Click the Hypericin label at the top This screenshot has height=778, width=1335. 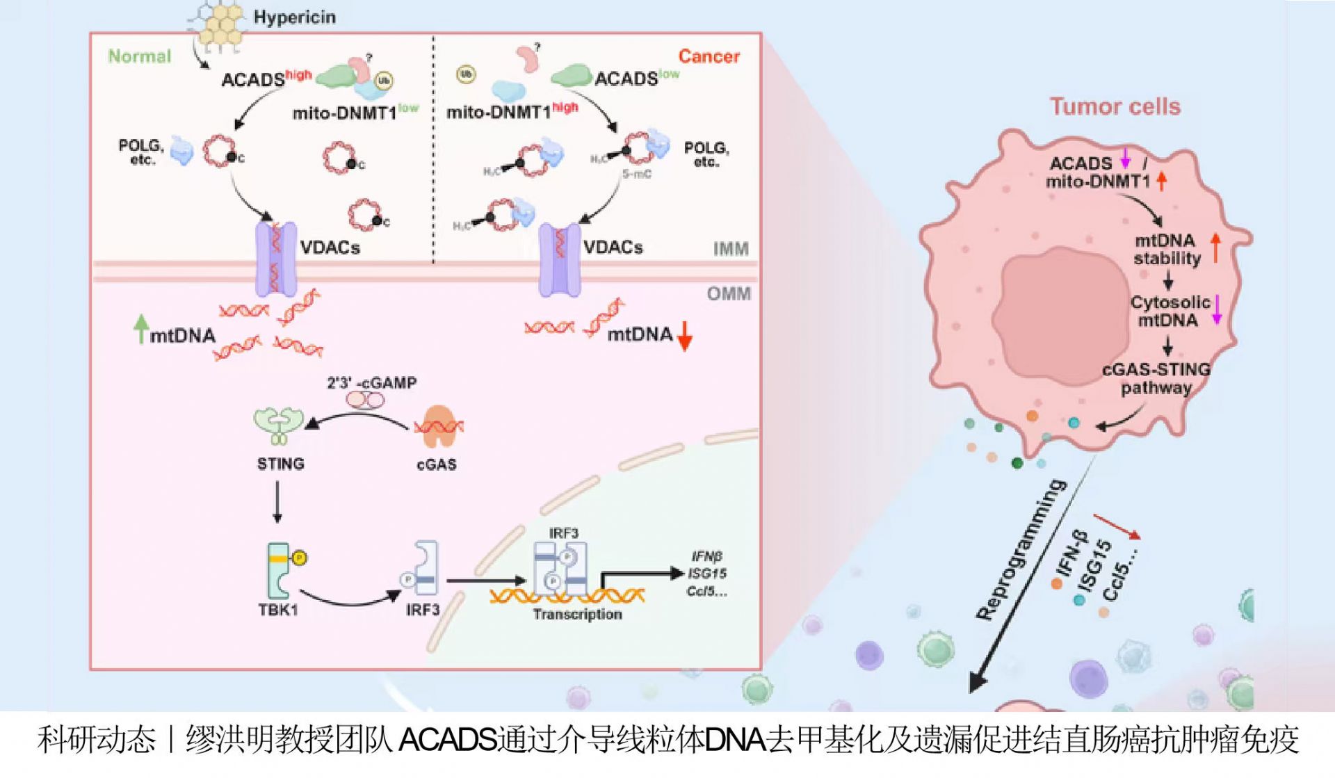[294, 17]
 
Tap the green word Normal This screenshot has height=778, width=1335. [139, 56]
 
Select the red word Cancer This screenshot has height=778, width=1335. [709, 56]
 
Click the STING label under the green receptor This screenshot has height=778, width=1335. [280, 464]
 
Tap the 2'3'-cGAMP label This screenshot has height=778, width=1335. [372, 383]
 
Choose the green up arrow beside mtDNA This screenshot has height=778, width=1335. [142, 328]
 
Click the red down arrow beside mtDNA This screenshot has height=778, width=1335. [685, 337]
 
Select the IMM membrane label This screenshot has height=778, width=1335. [731, 249]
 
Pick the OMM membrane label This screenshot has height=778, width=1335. [729, 293]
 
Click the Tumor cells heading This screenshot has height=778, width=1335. [1115, 106]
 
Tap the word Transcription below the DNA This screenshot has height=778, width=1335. [577, 614]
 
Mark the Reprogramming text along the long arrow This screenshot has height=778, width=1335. [1021, 549]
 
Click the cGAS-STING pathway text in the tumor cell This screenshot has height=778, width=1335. [1156, 378]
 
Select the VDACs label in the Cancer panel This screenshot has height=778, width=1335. [613, 247]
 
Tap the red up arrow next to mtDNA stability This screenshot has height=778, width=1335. [1215, 248]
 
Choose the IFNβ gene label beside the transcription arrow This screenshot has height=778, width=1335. [706, 556]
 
